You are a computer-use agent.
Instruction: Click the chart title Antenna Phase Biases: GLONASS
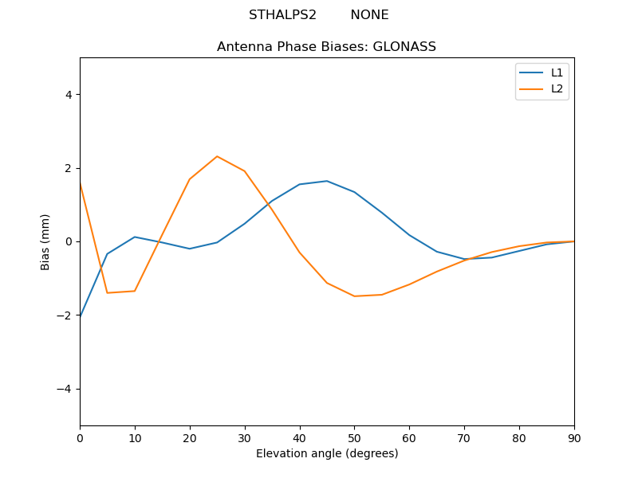pos(326,47)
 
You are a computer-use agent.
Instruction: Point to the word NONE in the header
pos(369,15)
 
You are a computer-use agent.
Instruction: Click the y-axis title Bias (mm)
pos(45,241)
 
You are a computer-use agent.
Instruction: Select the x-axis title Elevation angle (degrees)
pos(326,454)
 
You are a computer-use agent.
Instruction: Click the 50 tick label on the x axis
pos(354,437)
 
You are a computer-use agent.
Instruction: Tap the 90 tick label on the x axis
pos(574,437)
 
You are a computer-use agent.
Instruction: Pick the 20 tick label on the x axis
pos(190,437)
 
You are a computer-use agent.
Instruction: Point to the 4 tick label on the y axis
pos(69,95)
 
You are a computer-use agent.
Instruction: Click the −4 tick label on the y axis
pos(65,389)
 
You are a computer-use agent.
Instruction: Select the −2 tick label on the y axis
pos(65,315)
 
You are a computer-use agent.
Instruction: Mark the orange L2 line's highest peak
pos(217,156)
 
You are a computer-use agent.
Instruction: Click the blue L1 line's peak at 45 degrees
pos(327,181)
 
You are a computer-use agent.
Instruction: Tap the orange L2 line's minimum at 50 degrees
pos(354,296)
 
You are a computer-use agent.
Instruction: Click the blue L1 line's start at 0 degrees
pos(81,316)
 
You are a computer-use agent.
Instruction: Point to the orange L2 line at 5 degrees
pos(108,292)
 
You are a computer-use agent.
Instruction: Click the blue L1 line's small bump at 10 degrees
pos(135,237)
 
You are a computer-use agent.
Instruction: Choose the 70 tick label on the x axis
pos(464,437)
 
